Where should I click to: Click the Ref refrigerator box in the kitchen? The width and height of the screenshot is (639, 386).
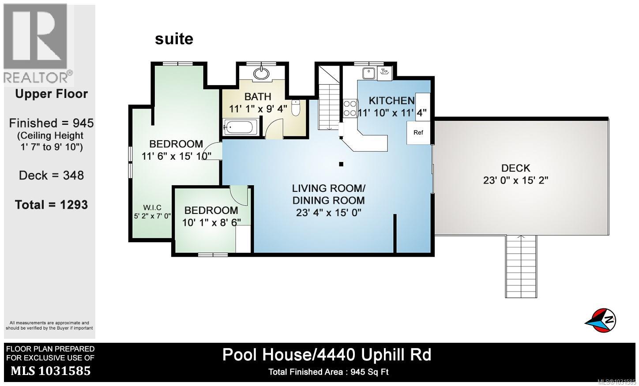[418, 132]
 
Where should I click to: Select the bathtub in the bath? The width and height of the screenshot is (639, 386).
[239, 128]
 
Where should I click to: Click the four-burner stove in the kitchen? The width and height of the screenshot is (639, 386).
[350, 108]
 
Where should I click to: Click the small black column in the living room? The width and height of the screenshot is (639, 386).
[341, 164]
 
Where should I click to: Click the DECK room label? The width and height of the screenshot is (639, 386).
[515, 168]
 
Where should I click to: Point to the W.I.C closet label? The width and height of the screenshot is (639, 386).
[152, 208]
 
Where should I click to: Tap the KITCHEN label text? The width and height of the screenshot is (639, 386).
[391, 100]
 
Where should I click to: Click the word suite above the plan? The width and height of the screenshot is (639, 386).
[174, 39]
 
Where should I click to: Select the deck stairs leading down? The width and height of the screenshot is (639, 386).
[521, 266]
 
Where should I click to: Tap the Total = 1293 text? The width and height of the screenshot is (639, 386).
[51, 205]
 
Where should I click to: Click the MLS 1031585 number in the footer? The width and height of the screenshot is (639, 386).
[50, 371]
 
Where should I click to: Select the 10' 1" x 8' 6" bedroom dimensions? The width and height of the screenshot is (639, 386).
[211, 222]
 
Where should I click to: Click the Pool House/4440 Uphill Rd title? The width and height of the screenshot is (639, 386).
[327, 355]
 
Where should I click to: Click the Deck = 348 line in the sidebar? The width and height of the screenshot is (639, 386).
[51, 175]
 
